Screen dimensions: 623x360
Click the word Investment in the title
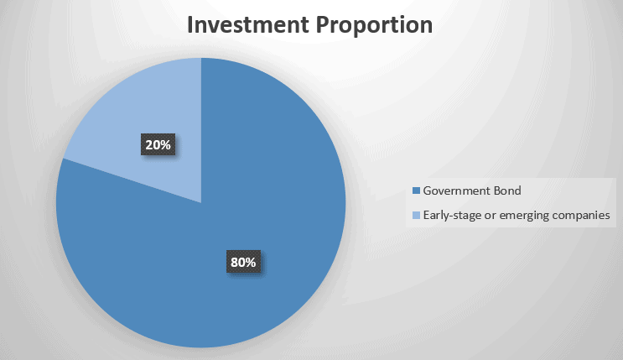pos(248,24)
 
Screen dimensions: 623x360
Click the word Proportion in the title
pos(374,26)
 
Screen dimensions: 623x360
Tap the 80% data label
pos(243,262)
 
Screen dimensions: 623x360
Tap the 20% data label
pos(158,145)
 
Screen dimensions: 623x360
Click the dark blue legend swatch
pos(416,191)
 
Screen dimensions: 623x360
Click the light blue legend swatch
pos(416,216)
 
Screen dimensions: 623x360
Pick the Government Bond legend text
pos(472,191)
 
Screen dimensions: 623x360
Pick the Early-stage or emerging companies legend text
pos(517,216)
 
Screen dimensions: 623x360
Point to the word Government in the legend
pos(456,191)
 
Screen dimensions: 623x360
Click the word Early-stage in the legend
pos(452,216)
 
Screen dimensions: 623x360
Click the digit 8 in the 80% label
pos(235,262)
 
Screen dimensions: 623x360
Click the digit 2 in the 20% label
pos(149,145)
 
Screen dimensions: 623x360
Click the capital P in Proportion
pos(323,24)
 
